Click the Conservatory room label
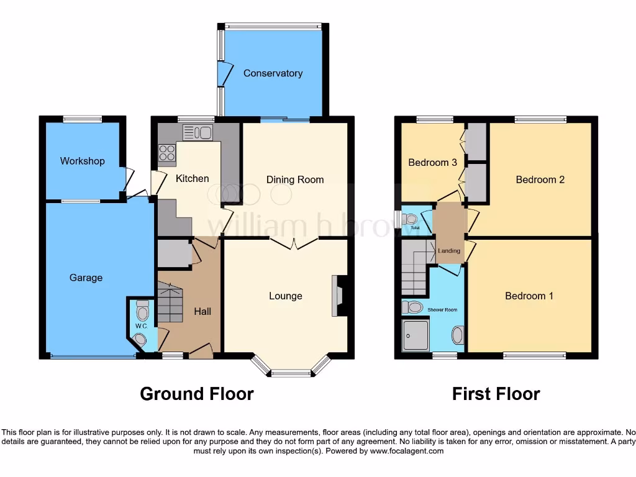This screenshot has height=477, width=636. point(273,73)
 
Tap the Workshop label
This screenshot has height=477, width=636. point(82,161)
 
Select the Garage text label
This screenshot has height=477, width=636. point(86,278)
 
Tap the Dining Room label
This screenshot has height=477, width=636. point(295,179)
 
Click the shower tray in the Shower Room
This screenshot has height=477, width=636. point(415,335)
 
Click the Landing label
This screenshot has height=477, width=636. point(449,251)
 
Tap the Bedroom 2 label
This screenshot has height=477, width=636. point(540,179)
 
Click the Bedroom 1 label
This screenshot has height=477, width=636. point(529,296)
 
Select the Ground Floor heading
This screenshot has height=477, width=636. point(197,394)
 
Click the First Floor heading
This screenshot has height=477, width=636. point(496,394)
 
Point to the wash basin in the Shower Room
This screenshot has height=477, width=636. point(458,335)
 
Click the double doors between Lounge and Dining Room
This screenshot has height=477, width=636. point(294,242)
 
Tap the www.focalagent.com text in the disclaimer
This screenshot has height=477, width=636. point(406,451)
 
